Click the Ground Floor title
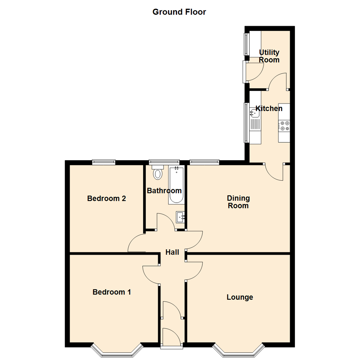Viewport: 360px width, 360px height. (x=179, y=12)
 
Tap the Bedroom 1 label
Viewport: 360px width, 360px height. (x=112, y=292)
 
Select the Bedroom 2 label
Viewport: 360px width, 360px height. (x=106, y=199)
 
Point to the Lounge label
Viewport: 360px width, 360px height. (x=240, y=297)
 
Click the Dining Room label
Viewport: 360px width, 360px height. (x=238, y=202)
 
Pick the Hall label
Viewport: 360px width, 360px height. (x=172, y=252)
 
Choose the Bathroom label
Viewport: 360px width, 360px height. (x=164, y=191)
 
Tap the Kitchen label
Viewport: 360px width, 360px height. (x=269, y=108)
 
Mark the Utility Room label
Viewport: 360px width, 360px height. (x=269, y=56)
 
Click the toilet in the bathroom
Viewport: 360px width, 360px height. (x=157, y=172)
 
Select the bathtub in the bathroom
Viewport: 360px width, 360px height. (x=176, y=185)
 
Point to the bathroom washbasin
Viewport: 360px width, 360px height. (x=180, y=217)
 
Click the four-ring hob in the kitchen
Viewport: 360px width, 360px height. (x=284, y=126)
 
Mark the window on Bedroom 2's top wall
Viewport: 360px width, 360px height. (x=104, y=162)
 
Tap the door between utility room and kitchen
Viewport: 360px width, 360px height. (x=278, y=82)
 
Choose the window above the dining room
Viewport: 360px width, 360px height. (x=205, y=162)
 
